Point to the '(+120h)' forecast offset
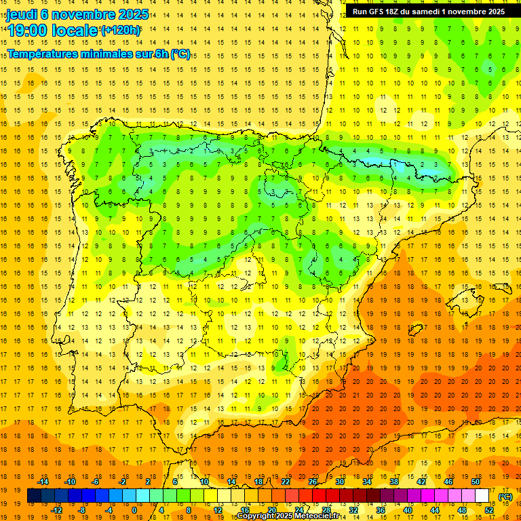tap(121, 30)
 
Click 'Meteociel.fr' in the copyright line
tap(319, 516)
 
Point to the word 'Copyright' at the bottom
tap(256, 516)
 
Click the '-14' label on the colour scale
tap(43, 482)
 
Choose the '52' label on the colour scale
tap(489, 509)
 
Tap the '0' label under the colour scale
tap(134, 509)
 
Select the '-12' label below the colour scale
tap(56, 509)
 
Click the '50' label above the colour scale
tap(476, 482)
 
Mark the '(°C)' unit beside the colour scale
tap(505, 496)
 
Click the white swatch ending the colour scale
tap(482, 496)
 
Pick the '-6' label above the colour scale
tap(96, 482)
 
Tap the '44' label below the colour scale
tap(436, 509)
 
